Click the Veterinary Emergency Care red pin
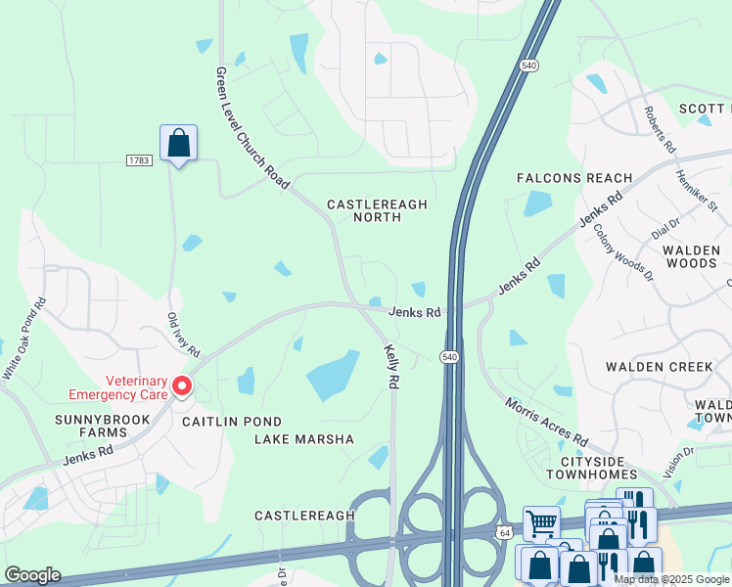(182, 387)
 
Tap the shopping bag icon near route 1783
(178, 143)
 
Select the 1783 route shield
(139, 159)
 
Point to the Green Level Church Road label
(252, 128)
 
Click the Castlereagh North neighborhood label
(377, 210)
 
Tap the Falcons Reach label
(574, 178)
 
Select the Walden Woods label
(691, 256)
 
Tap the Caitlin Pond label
(218, 420)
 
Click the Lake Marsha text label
(304, 439)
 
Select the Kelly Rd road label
(391, 367)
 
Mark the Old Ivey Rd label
(183, 335)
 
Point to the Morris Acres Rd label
(546, 422)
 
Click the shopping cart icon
(540, 523)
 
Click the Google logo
(32, 574)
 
